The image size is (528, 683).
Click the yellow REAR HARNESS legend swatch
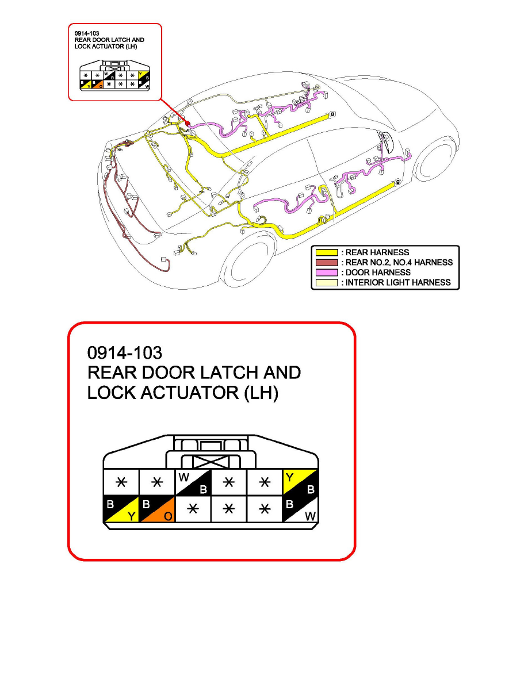click(326, 252)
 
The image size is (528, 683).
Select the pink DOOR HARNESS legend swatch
click(326, 273)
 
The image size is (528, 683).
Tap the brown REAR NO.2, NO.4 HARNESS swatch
click(326, 262)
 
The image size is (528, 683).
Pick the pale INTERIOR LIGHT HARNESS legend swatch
click(326, 282)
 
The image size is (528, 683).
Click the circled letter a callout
click(333, 114)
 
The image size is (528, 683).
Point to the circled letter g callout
click(398, 182)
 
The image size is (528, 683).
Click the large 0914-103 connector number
click(125, 353)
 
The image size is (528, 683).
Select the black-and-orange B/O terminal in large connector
click(157, 509)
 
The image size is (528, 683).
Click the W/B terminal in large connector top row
click(193, 482)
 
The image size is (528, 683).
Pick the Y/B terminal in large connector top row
click(301, 482)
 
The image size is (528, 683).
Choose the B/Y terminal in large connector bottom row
click(121, 509)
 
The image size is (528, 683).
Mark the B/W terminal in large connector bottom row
click(301, 509)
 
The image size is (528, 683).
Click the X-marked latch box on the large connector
click(211, 462)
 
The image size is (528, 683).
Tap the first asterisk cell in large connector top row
click(121, 482)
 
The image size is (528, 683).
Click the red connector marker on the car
click(188, 123)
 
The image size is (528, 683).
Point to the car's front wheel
click(436, 159)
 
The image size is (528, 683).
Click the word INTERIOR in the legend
click(365, 282)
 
